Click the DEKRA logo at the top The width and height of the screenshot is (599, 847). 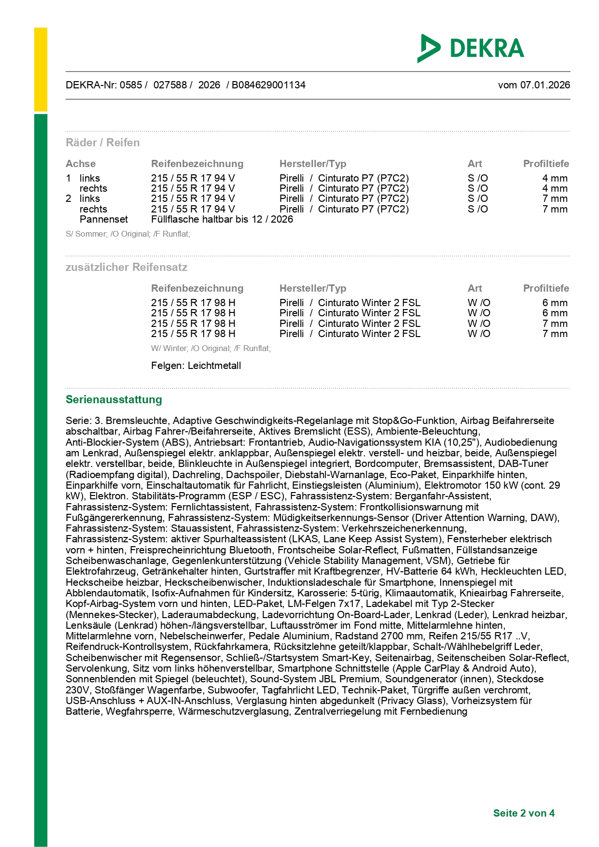(x=471, y=48)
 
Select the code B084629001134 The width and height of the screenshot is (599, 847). (x=268, y=85)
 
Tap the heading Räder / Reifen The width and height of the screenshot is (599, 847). (x=103, y=142)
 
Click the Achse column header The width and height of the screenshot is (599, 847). (x=81, y=164)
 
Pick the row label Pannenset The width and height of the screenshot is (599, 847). (x=104, y=219)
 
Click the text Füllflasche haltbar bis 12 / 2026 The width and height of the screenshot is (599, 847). (x=222, y=219)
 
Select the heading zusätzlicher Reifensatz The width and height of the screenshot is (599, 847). (x=126, y=267)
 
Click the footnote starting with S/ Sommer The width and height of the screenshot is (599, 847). (x=128, y=234)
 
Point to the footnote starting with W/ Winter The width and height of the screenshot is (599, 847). (x=211, y=348)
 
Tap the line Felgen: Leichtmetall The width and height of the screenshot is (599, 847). (x=196, y=366)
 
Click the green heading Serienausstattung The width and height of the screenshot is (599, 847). (x=114, y=399)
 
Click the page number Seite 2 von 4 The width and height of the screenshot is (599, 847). (x=524, y=813)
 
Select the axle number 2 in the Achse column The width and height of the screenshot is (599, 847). (x=69, y=198)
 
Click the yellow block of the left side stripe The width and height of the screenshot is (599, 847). (x=41, y=70)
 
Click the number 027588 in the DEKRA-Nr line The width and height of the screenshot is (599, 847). (x=170, y=85)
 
